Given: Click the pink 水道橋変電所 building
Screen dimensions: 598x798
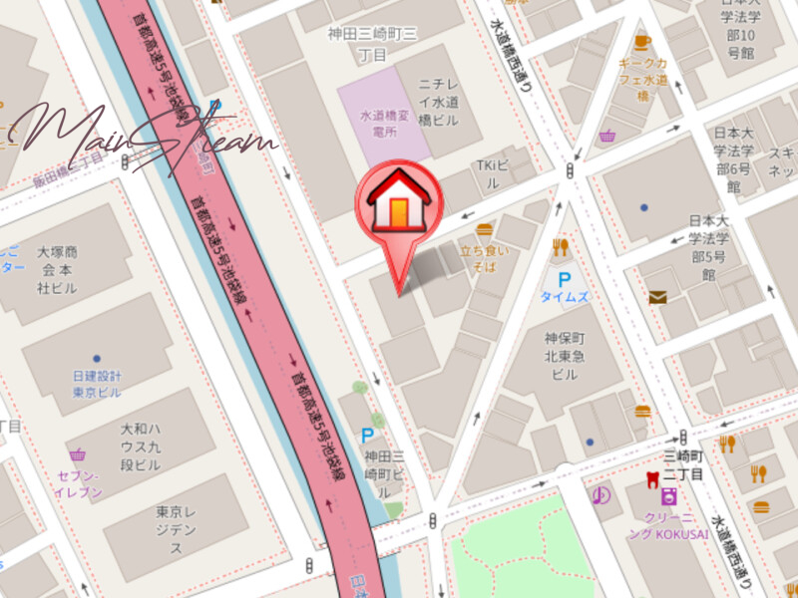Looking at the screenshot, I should (383, 122).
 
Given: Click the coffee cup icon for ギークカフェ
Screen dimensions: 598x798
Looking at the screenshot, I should (640, 42).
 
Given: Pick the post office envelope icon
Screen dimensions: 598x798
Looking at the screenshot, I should (657, 296).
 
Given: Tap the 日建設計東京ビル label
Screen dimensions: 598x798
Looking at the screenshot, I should (97, 383).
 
